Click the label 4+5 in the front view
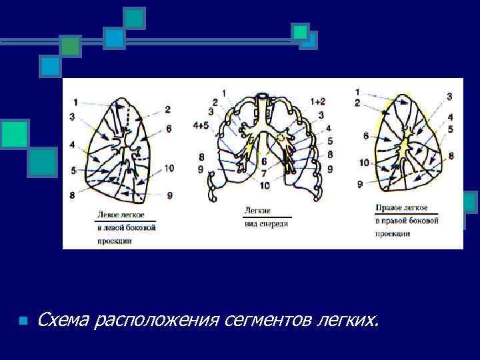tap(201, 124)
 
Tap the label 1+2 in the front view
tap(317, 101)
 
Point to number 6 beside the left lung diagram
tap(169, 128)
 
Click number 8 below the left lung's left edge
tap(71, 195)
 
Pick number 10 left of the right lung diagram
tap(363, 162)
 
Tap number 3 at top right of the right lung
tap(449, 97)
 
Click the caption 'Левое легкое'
tap(118, 216)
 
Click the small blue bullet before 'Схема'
tap(23, 321)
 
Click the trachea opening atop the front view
tap(264, 97)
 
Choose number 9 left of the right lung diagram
tap(360, 183)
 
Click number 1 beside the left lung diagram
tap(75, 102)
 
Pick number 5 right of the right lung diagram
tap(451, 129)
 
